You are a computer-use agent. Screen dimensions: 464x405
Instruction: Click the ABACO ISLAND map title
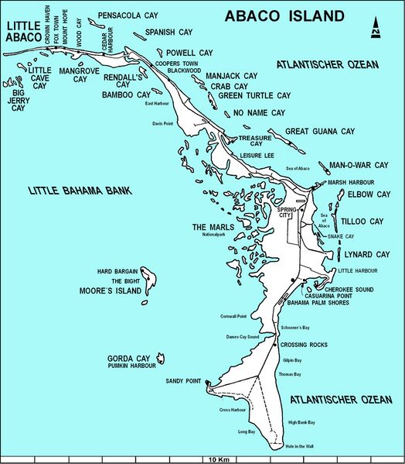(x=284, y=16)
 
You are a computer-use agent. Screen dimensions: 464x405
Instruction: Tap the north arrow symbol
(x=376, y=26)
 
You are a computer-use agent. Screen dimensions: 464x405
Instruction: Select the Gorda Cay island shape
(x=162, y=357)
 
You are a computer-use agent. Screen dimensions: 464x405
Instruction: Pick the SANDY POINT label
(x=182, y=382)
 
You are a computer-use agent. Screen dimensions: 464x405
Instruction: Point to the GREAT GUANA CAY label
(x=324, y=132)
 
